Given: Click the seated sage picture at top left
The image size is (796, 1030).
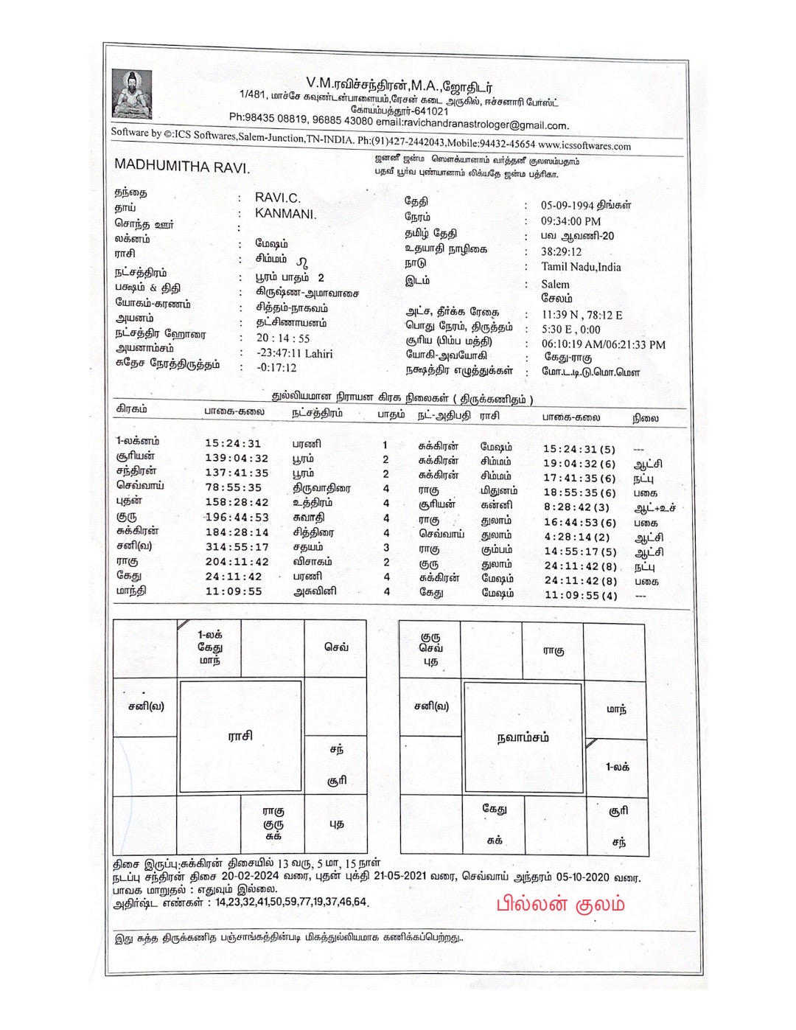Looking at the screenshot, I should coord(132,94).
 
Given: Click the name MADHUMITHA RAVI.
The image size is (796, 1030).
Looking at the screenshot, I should coord(181,166).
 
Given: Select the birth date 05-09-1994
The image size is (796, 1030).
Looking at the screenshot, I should coord(568,206).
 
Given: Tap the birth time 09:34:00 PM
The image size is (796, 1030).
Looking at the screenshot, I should coord(570,221).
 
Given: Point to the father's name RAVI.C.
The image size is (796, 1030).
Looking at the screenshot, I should coord(277,198).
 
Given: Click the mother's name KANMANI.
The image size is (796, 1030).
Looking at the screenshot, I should coord(285,213).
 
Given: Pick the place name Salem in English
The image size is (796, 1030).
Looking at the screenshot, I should coord(555,284).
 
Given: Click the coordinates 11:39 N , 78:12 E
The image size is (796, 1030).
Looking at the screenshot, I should coord(582,315).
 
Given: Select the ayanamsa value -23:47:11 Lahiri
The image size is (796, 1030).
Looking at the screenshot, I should coord(294,353).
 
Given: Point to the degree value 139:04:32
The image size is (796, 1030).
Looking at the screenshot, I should coord(237,458).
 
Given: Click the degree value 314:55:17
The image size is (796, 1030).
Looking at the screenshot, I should coord(237,547).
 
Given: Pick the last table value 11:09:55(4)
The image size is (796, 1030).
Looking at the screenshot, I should coord(581,595).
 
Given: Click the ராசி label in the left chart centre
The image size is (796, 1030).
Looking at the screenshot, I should coord(240,735).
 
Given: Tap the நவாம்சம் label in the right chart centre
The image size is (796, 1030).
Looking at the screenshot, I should coord(523,737).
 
